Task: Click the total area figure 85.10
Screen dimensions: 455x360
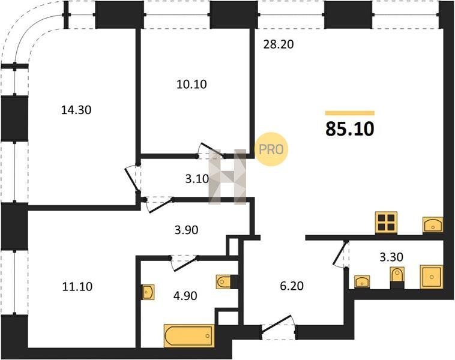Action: point(350,129)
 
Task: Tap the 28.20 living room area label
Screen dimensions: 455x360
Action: point(279,44)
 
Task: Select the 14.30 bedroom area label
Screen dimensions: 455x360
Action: point(76,110)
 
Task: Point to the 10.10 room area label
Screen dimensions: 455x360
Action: point(191,85)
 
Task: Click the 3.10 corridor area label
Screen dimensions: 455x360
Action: point(197,179)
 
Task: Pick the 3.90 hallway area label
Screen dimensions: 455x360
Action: point(186,230)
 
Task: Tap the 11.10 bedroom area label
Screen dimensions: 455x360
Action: point(77,287)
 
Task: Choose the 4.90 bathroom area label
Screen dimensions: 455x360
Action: point(185,296)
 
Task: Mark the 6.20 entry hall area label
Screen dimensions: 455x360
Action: point(292,286)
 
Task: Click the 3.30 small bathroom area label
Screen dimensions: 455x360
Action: point(391,257)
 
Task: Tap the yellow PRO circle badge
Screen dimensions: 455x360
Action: point(271,149)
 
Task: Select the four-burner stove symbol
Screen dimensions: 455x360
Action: point(386,222)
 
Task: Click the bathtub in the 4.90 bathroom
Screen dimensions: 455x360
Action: point(189,335)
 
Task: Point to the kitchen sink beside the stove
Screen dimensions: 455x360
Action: point(433,224)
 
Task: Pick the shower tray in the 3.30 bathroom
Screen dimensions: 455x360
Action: point(432,277)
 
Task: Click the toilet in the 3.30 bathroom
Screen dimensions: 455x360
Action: point(397,276)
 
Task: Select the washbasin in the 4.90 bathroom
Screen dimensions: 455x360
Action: point(148,292)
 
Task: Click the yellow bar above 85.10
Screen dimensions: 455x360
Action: point(350,113)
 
